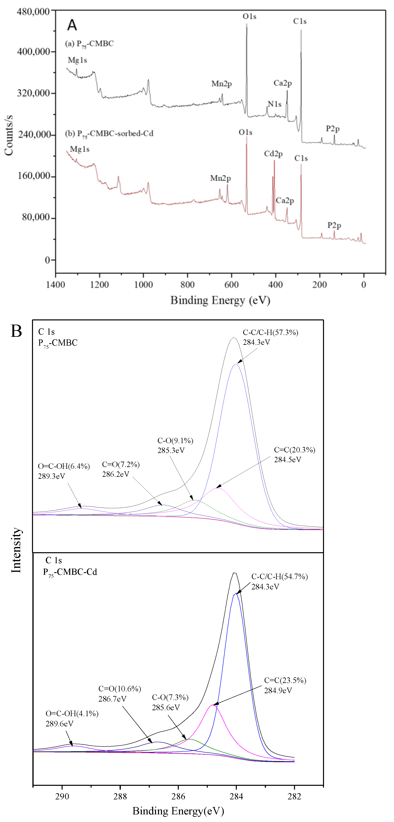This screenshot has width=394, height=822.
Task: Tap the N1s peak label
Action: coord(274,104)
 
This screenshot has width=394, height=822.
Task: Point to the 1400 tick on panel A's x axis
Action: coord(56,285)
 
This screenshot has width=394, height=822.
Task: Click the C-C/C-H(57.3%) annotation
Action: coord(271,333)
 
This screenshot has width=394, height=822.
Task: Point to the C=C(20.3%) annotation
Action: coord(294,450)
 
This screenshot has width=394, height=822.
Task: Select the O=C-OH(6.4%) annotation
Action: coord(64,466)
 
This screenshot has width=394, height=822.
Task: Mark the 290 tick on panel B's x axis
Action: coord(62,796)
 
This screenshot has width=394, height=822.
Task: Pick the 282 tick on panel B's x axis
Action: coord(294,796)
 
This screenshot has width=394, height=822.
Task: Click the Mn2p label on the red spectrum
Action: coord(220,178)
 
